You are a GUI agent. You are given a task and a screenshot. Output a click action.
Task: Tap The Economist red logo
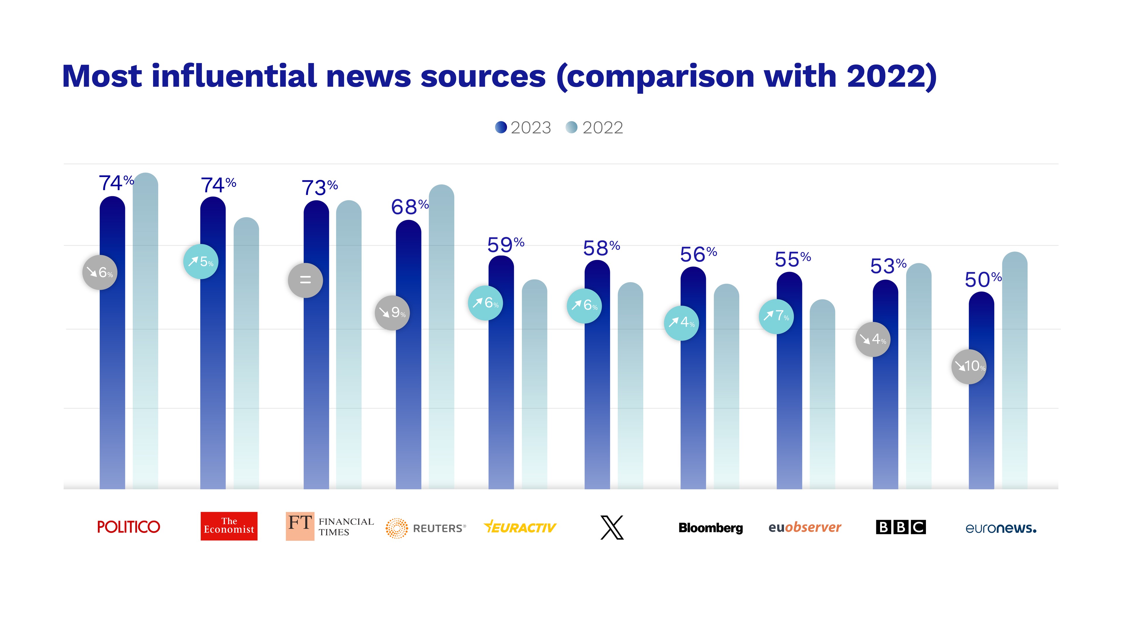(x=229, y=526)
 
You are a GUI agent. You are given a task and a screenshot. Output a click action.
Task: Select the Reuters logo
(x=425, y=528)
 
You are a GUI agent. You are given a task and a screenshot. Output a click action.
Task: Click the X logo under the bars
(x=612, y=527)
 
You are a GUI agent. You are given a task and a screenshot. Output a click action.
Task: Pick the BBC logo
(x=900, y=527)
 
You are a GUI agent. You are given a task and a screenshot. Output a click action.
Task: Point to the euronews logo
(x=1000, y=528)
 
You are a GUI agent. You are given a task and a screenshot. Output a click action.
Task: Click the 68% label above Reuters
(x=409, y=207)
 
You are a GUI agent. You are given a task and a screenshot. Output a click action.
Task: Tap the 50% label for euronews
(x=983, y=280)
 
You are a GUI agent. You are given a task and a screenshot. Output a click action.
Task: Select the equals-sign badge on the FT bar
(x=305, y=280)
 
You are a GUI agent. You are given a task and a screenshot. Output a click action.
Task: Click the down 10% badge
(x=969, y=366)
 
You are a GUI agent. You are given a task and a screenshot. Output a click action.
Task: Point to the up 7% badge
(x=776, y=316)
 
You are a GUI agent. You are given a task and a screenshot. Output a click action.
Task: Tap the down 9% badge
(x=392, y=312)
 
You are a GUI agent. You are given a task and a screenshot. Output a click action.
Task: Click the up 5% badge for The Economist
(x=201, y=261)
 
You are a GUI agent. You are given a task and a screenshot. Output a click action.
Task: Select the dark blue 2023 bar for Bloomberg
(x=693, y=392)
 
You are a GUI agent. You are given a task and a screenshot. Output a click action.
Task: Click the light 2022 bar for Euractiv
(x=534, y=392)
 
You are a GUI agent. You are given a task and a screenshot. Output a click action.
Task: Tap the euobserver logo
(x=804, y=527)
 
